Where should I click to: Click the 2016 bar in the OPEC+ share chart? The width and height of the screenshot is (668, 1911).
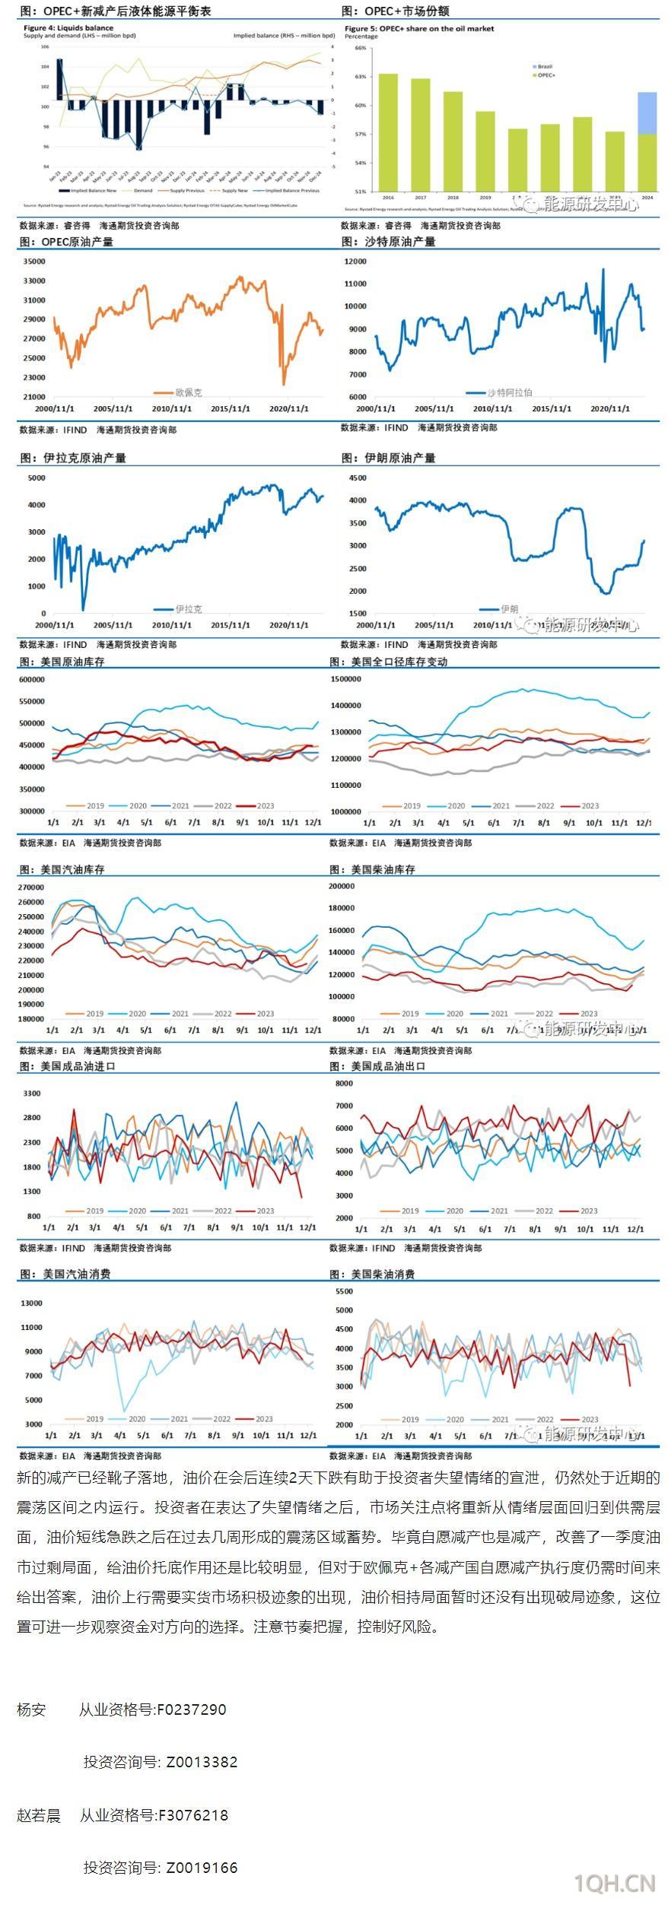[x=388, y=132]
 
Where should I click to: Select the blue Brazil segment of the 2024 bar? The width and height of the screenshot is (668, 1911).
[x=647, y=113]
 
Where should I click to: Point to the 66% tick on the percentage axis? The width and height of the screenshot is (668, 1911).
[x=361, y=48]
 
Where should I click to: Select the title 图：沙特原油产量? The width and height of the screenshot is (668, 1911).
[x=388, y=242]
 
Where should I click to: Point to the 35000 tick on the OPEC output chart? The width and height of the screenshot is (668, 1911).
[x=34, y=261]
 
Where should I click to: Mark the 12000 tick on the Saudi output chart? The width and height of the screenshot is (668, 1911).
[x=355, y=262]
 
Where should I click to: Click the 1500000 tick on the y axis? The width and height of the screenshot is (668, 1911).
[x=345, y=679]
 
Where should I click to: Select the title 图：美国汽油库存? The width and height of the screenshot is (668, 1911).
[x=62, y=869]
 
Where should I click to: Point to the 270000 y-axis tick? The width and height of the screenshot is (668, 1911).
[x=31, y=887]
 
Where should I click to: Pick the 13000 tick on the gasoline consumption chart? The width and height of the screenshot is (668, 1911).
[x=31, y=1303]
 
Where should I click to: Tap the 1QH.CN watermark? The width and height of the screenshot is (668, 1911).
[x=615, y=1882]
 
